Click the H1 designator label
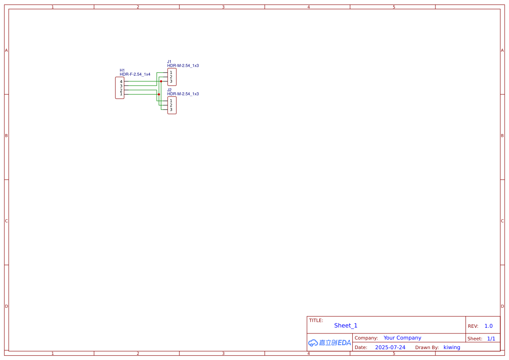coord(122,71)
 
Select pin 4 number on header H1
coord(121,82)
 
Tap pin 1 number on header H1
coord(121,94)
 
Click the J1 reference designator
coord(169,62)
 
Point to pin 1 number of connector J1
coord(171,73)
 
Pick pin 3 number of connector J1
coord(171,81)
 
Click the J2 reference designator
coord(169,90)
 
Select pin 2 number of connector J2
coord(171,105)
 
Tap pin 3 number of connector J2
coord(171,109)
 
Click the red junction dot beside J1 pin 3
coord(161,81)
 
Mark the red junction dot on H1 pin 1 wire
coord(159,94)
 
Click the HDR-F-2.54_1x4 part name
coord(135,74)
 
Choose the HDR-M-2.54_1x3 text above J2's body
coord(183,94)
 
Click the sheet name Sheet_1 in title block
coord(346,326)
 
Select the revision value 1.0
coord(489,326)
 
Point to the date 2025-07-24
coord(390,347)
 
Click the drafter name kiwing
coord(452,347)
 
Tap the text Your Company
coord(402,338)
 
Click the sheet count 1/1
coord(491,339)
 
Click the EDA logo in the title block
coord(330,343)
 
